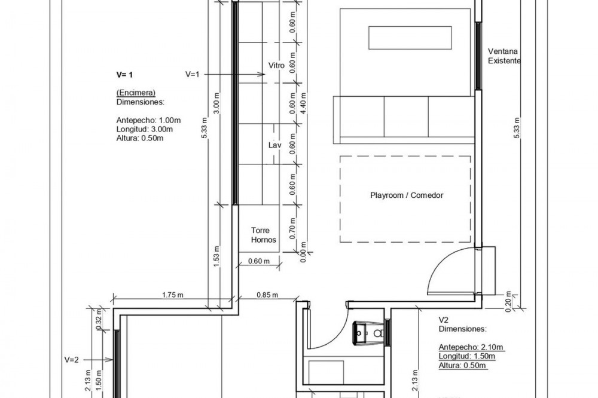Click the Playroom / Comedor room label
[407, 195]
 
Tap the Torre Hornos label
[263, 235]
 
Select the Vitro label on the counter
[276, 66]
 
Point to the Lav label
[274, 145]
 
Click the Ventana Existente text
[504, 56]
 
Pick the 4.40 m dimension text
[304, 103]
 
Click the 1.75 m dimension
[173, 295]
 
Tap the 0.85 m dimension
[267, 295]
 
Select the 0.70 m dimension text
[292, 228]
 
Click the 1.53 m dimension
[216, 256]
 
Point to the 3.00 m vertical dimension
[216, 103]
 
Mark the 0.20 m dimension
[508, 301]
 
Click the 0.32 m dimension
[99, 323]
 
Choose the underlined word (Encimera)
[136, 93]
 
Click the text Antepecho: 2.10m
[471, 347]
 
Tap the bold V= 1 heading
[125, 75]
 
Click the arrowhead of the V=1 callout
[262, 74]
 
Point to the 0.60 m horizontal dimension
[258, 261]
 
